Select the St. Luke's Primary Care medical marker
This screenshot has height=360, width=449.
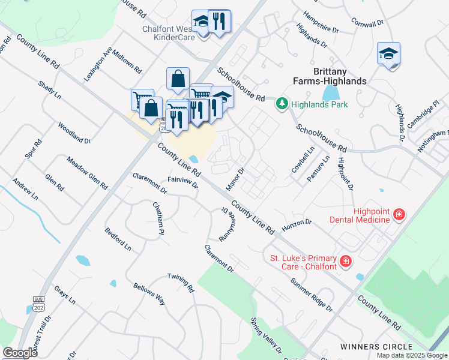pyautogui.click(x=345, y=261)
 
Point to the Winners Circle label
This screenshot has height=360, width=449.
pyautogui.click(x=376, y=347)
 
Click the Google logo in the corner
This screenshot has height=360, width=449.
pyautogui.click(x=20, y=353)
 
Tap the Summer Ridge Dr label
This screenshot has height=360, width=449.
pyautogui.click(x=312, y=295)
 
